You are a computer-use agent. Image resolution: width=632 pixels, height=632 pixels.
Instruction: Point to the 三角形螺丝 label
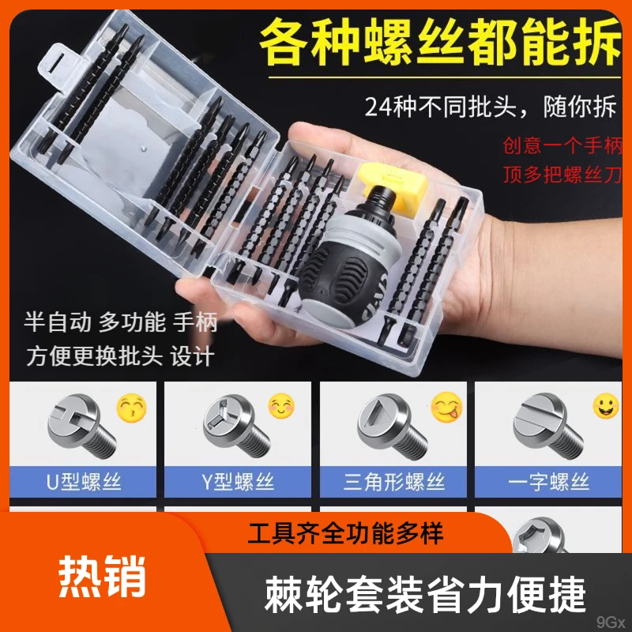click(x=394, y=481)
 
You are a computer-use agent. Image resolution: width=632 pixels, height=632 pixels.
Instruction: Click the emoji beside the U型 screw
click(x=131, y=408)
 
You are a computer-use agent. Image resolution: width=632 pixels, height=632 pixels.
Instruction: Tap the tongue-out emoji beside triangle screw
click(x=446, y=408)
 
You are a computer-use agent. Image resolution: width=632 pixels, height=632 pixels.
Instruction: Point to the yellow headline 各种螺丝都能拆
click(x=438, y=43)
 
